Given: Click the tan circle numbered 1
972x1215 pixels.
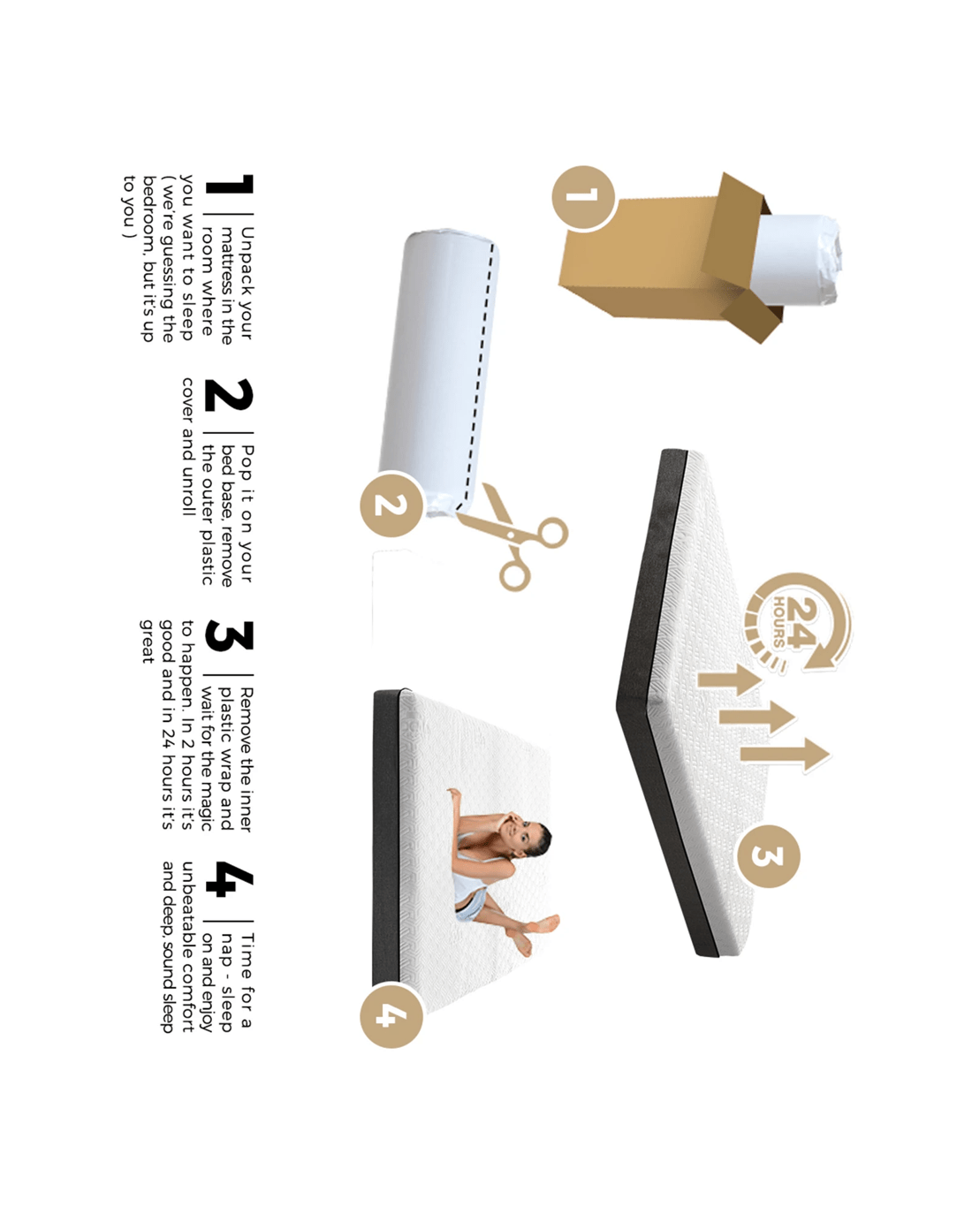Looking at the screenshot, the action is (583, 198).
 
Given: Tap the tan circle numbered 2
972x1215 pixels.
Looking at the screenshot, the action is (391, 505).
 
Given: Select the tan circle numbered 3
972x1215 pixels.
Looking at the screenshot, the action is (768, 856).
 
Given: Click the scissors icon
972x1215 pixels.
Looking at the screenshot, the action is (511, 536).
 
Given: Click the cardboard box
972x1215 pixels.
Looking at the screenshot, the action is (672, 257).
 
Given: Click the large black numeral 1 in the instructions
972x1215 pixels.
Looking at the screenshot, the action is (229, 184).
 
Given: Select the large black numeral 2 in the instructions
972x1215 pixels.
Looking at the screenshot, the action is (229, 395).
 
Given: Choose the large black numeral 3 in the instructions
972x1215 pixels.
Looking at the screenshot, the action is (229, 635).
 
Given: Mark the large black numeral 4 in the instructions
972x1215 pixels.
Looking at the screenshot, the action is (229, 878).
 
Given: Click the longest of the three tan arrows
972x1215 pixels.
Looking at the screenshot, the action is (785, 755).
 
